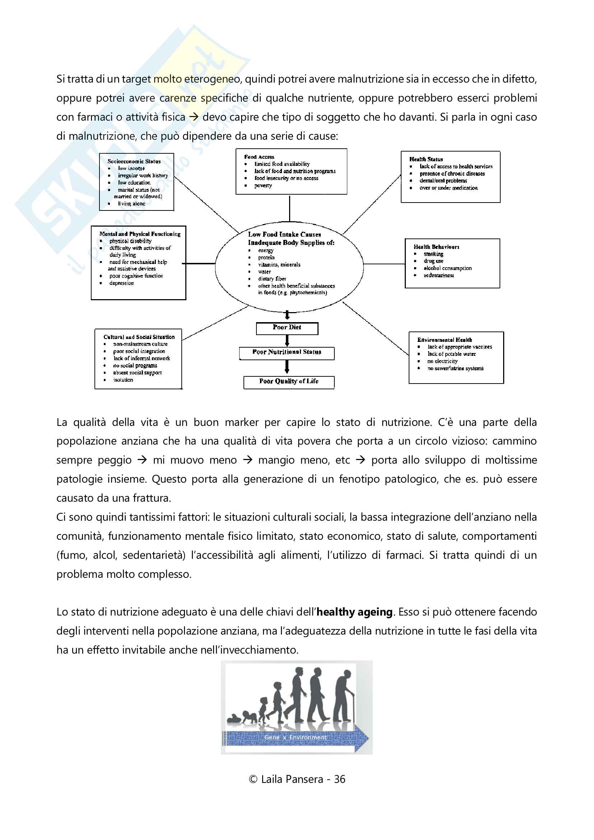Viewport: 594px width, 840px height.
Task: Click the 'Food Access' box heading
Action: pyautogui.click(x=259, y=157)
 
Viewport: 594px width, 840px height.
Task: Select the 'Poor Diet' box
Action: pyautogui.click(x=287, y=328)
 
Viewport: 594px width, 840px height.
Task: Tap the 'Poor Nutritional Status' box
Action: pyautogui.click(x=287, y=353)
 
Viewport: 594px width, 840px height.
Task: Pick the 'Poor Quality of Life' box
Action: pyautogui.click(x=289, y=382)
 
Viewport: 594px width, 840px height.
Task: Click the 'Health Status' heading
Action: pyautogui.click(x=426, y=159)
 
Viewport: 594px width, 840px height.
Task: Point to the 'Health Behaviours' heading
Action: pyautogui.click(x=436, y=247)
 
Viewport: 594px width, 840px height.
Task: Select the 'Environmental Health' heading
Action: pyautogui.click(x=445, y=340)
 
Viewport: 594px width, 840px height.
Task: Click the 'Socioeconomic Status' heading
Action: pyautogui.click(x=134, y=161)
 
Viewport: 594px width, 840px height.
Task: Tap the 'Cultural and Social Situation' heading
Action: pyautogui.click(x=139, y=337)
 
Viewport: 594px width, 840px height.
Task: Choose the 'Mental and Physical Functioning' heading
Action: pyautogui.click(x=140, y=234)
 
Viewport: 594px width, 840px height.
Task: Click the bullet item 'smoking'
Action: pyautogui.click(x=433, y=254)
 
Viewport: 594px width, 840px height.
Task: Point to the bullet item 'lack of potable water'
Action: pyautogui.click(x=452, y=354)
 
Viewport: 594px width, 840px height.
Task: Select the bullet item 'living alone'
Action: pyautogui.click(x=131, y=204)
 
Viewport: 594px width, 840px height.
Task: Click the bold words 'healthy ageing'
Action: pyautogui.click(x=354, y=612)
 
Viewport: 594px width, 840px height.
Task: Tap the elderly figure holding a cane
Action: pyautogui.click(x=344, y=700)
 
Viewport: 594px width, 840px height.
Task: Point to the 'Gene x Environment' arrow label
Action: pyautogui.click(x=296, y=738)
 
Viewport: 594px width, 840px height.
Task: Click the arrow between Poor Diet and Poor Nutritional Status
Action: pyautogui.click(x=287, y=340)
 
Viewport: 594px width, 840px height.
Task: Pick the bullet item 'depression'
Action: pyautogui.click(x=121, y=283)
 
